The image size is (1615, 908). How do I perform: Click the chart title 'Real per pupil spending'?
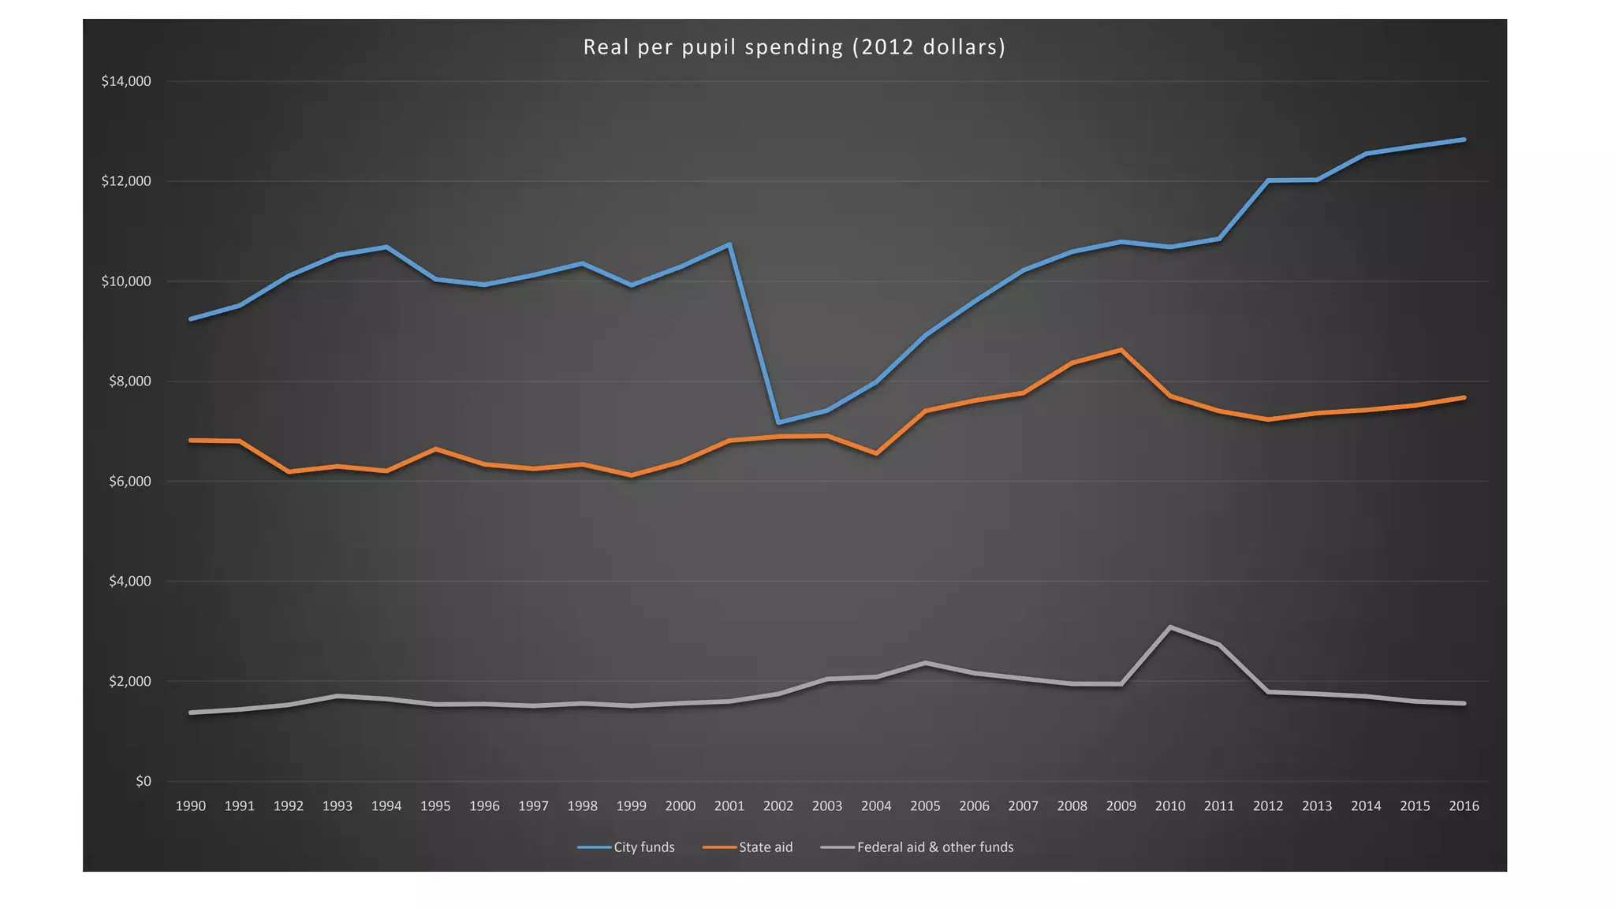(794, 47)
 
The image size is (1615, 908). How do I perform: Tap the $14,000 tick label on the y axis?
(126, 81)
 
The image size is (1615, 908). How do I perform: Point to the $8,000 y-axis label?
(130, 381)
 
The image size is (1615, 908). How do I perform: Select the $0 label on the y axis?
(143, 781)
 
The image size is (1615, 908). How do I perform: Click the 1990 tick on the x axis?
(190, 806)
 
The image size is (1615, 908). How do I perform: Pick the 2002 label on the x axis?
(778, 806)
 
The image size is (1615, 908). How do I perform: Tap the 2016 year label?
(1464, 806)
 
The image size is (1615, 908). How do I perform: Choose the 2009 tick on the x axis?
(1121, 806)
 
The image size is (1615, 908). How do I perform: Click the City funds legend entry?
(627, 847)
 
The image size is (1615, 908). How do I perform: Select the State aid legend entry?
(748, 847)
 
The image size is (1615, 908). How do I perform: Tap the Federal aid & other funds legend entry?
(918, 847)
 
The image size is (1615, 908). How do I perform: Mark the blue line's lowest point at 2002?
(778, 422)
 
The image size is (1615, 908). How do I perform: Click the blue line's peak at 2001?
(729, 244)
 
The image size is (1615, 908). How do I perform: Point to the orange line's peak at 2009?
(1121, 350)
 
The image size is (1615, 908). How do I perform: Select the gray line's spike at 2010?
(1170, 627)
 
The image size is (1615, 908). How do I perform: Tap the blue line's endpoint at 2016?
(1464, 140)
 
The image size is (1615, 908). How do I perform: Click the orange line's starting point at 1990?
(191, 440)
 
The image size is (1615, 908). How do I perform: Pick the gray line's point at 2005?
(925, 663)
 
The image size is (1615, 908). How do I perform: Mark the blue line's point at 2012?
(1268, 180)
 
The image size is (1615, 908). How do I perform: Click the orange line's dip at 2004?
(876, 453)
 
